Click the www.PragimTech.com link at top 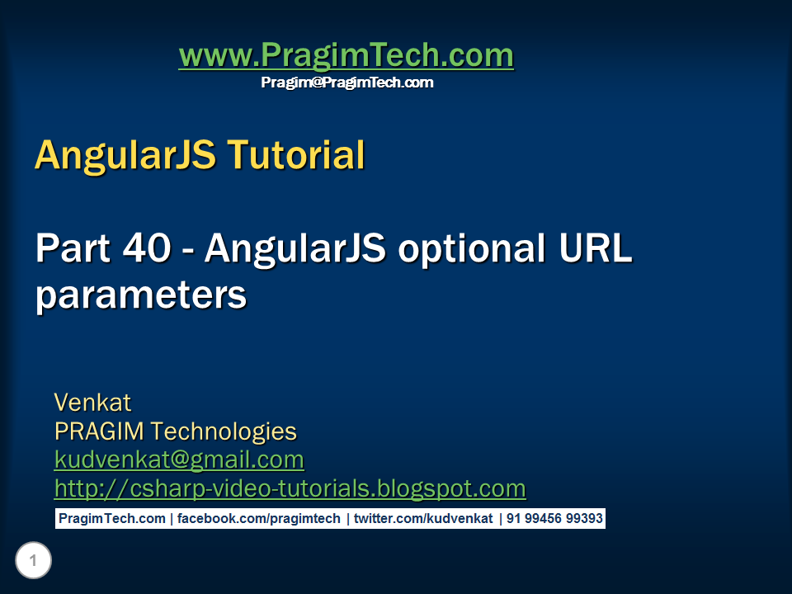click(x=346, y=56)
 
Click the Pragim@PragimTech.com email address click(x=346, y=82)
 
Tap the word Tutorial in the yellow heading click(x=294, y=154)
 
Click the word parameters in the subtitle click(x=140, y=295)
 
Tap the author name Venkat click(x=92, y=403)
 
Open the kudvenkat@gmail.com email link click(x=179, y=460)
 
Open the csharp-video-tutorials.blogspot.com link click(x=290, y=488)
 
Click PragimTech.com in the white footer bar click(x=111, y=519)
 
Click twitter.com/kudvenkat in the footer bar click(x=423, y=519)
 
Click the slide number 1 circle click(x=33, y=562)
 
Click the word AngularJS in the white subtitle click(x=295, y=248)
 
